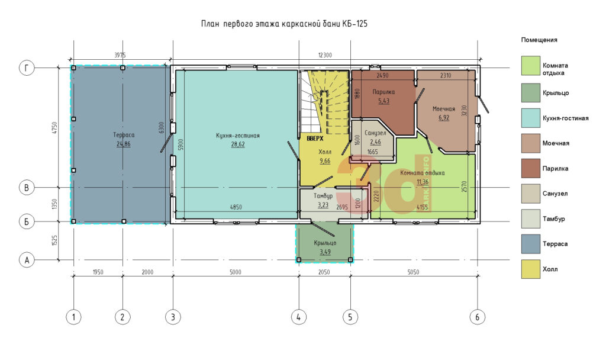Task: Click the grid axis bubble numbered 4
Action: [298, 317]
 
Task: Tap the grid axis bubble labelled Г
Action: [27, 68]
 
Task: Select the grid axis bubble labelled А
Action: [27, 260]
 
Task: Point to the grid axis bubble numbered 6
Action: [478, 317]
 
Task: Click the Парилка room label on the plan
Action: [383, 92]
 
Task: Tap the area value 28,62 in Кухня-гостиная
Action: [238, 144]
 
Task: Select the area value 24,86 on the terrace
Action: [123, 144]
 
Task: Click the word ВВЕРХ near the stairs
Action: [315, 139]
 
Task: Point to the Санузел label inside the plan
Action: [375, 133]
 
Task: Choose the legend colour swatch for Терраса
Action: [531, 244]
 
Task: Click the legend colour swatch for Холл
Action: [531, 269]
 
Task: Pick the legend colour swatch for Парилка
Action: [531, 168]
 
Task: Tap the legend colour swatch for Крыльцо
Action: [531, 93]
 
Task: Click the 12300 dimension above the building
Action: [325, 55]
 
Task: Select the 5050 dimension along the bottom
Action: [413, 272]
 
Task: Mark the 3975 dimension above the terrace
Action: [120, 55]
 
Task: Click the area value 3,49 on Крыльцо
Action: [325, 252]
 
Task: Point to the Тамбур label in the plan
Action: [323, 196]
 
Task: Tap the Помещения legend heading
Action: [539, 40]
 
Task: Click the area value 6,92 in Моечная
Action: [444, 118]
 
